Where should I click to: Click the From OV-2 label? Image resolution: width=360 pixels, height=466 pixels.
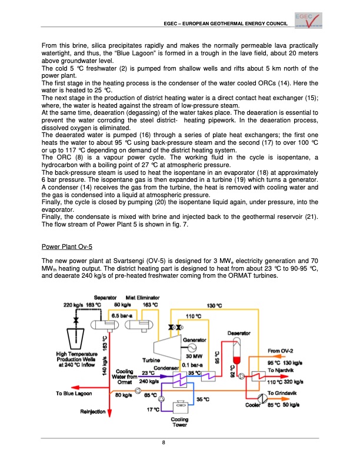(x=281, y=351)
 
